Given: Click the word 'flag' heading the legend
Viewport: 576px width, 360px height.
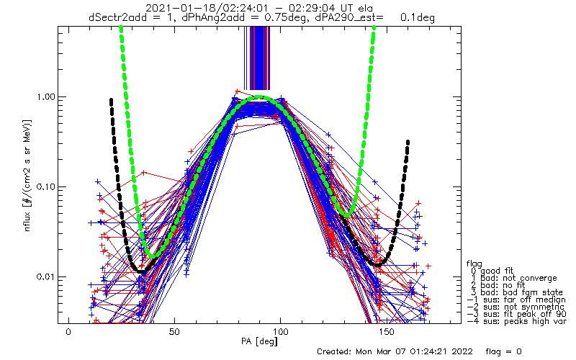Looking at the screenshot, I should pyautogui.click(x=473, y=263).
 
